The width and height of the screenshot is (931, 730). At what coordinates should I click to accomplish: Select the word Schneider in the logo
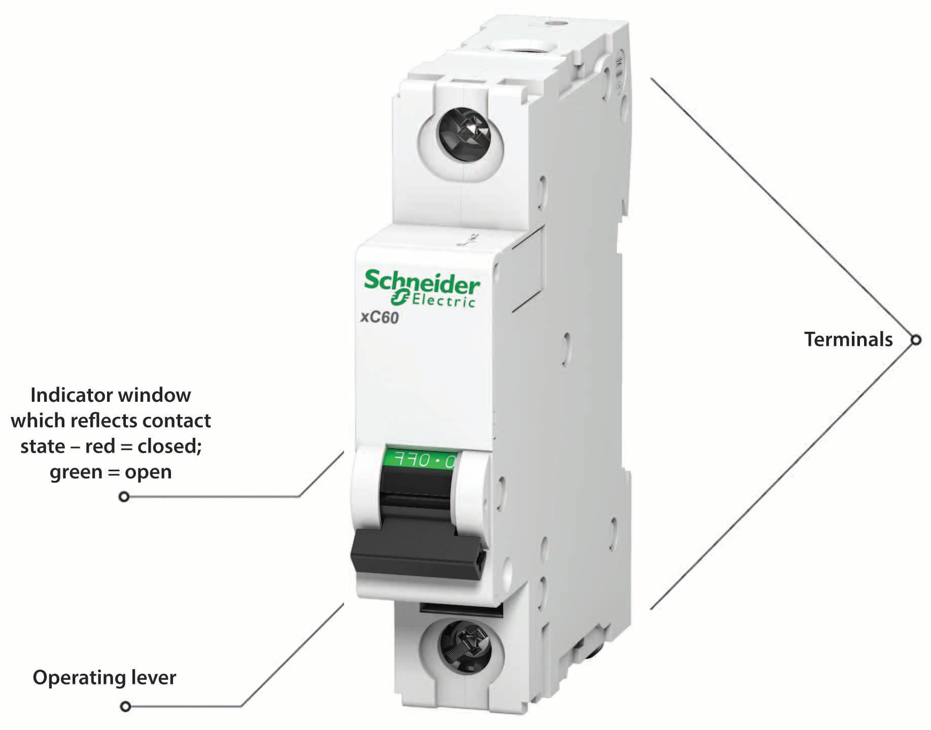(422, 283)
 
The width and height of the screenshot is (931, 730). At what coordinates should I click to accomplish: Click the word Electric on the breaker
(443, 300)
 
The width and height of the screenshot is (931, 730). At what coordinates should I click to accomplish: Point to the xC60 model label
(380, 318)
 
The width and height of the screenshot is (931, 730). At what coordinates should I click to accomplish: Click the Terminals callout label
(848, 339)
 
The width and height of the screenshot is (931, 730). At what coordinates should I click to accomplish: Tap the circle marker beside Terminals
(916, 340)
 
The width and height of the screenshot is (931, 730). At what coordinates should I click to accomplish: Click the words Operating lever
(105, 678)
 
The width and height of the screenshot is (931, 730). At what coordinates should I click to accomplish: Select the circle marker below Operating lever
(125, 706)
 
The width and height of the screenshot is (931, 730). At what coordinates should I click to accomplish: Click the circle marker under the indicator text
(124, 496)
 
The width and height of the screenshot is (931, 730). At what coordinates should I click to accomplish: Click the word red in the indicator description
(100, 446)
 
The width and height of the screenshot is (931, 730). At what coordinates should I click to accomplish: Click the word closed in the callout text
(169, 446)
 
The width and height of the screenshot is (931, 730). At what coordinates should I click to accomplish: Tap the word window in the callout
(161, 395)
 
